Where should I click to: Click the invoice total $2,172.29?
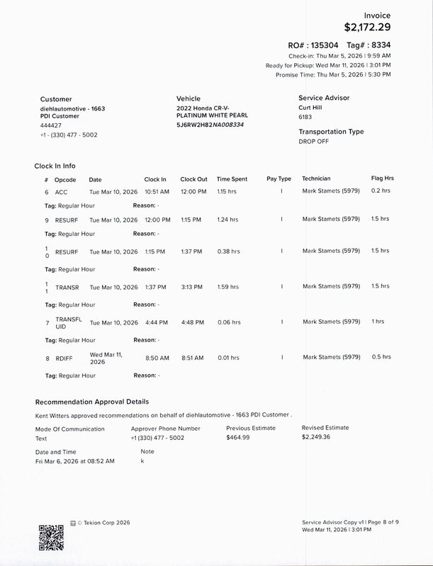click(367, 28)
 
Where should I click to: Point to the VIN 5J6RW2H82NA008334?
click(210, 124)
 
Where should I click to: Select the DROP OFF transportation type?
click(314, 142)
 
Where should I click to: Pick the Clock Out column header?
click(193, 179)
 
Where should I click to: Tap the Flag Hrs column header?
click(382, 179)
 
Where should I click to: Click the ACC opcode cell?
click(61, 192)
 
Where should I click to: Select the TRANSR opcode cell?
click(67, 287)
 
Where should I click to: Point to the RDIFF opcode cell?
click(64, 358)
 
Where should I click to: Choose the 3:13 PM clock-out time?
click(191, 287)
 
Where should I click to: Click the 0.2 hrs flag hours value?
click(381, 191)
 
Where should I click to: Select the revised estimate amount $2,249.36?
click(315, 438)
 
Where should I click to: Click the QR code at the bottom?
click(51, 536)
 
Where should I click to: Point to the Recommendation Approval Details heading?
click(92, 402)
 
